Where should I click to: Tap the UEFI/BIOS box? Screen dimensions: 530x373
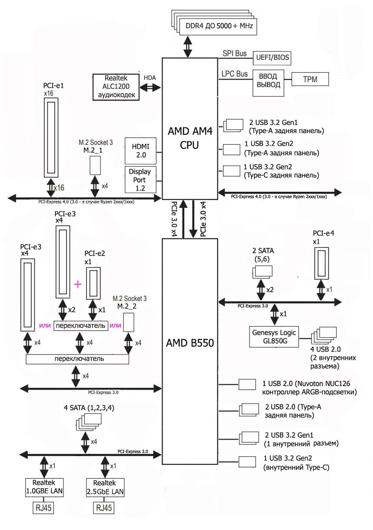tap(271, 57)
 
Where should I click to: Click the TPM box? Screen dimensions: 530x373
tap(310, 79)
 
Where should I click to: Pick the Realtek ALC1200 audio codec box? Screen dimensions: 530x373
tap(116, 87)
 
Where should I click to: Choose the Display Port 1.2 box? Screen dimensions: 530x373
tap(140, 179)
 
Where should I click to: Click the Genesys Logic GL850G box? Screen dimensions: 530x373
tap(274, 337)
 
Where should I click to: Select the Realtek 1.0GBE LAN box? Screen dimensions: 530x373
tap(44, 487)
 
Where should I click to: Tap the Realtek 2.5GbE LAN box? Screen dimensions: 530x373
tap(105, 487)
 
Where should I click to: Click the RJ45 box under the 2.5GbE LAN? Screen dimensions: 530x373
tap(105, 507)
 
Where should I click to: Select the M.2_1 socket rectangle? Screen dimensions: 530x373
tap(95, 165)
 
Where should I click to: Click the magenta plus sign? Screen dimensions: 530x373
tap(78, 284)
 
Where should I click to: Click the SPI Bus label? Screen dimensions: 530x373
tap(234, 54)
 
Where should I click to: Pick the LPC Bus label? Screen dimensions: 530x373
tap(235, 74)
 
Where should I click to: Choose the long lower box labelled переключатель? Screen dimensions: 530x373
tap(78, 359)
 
